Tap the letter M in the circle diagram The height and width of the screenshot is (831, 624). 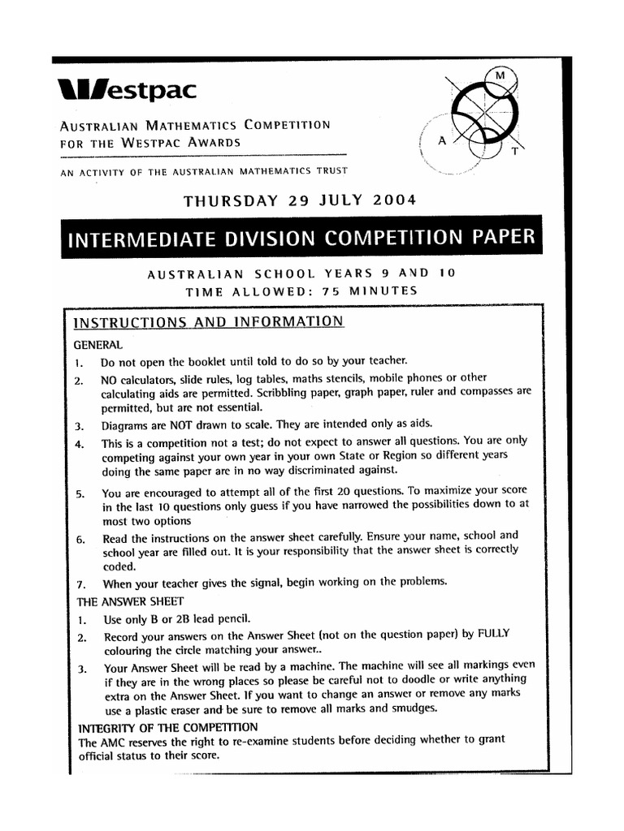500,75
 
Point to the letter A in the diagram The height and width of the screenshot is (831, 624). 442,140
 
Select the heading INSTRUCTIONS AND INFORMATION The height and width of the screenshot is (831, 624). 209,322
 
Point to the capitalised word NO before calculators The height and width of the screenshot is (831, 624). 110,378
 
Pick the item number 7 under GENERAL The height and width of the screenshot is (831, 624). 80,583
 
